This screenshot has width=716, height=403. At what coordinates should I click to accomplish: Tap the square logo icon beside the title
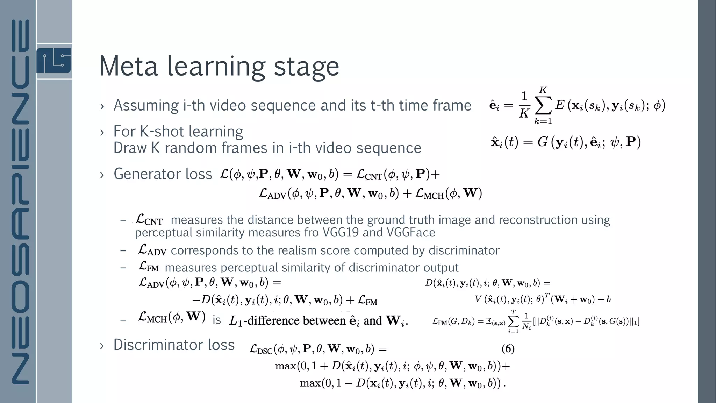click(53, 61)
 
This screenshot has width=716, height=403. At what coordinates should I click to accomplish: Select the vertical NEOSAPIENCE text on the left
click(20, 201)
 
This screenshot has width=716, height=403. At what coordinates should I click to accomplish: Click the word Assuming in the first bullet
click(146, 105)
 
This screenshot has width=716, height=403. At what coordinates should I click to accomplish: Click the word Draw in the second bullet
click(130, 148)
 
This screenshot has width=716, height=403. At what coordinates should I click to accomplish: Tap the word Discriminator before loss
click(158, 345)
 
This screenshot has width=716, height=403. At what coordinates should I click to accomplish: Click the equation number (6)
click(508, 348)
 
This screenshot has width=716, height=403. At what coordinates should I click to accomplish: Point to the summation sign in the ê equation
click(543, 106)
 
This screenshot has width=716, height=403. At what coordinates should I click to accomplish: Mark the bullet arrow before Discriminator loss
click(102, 346)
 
